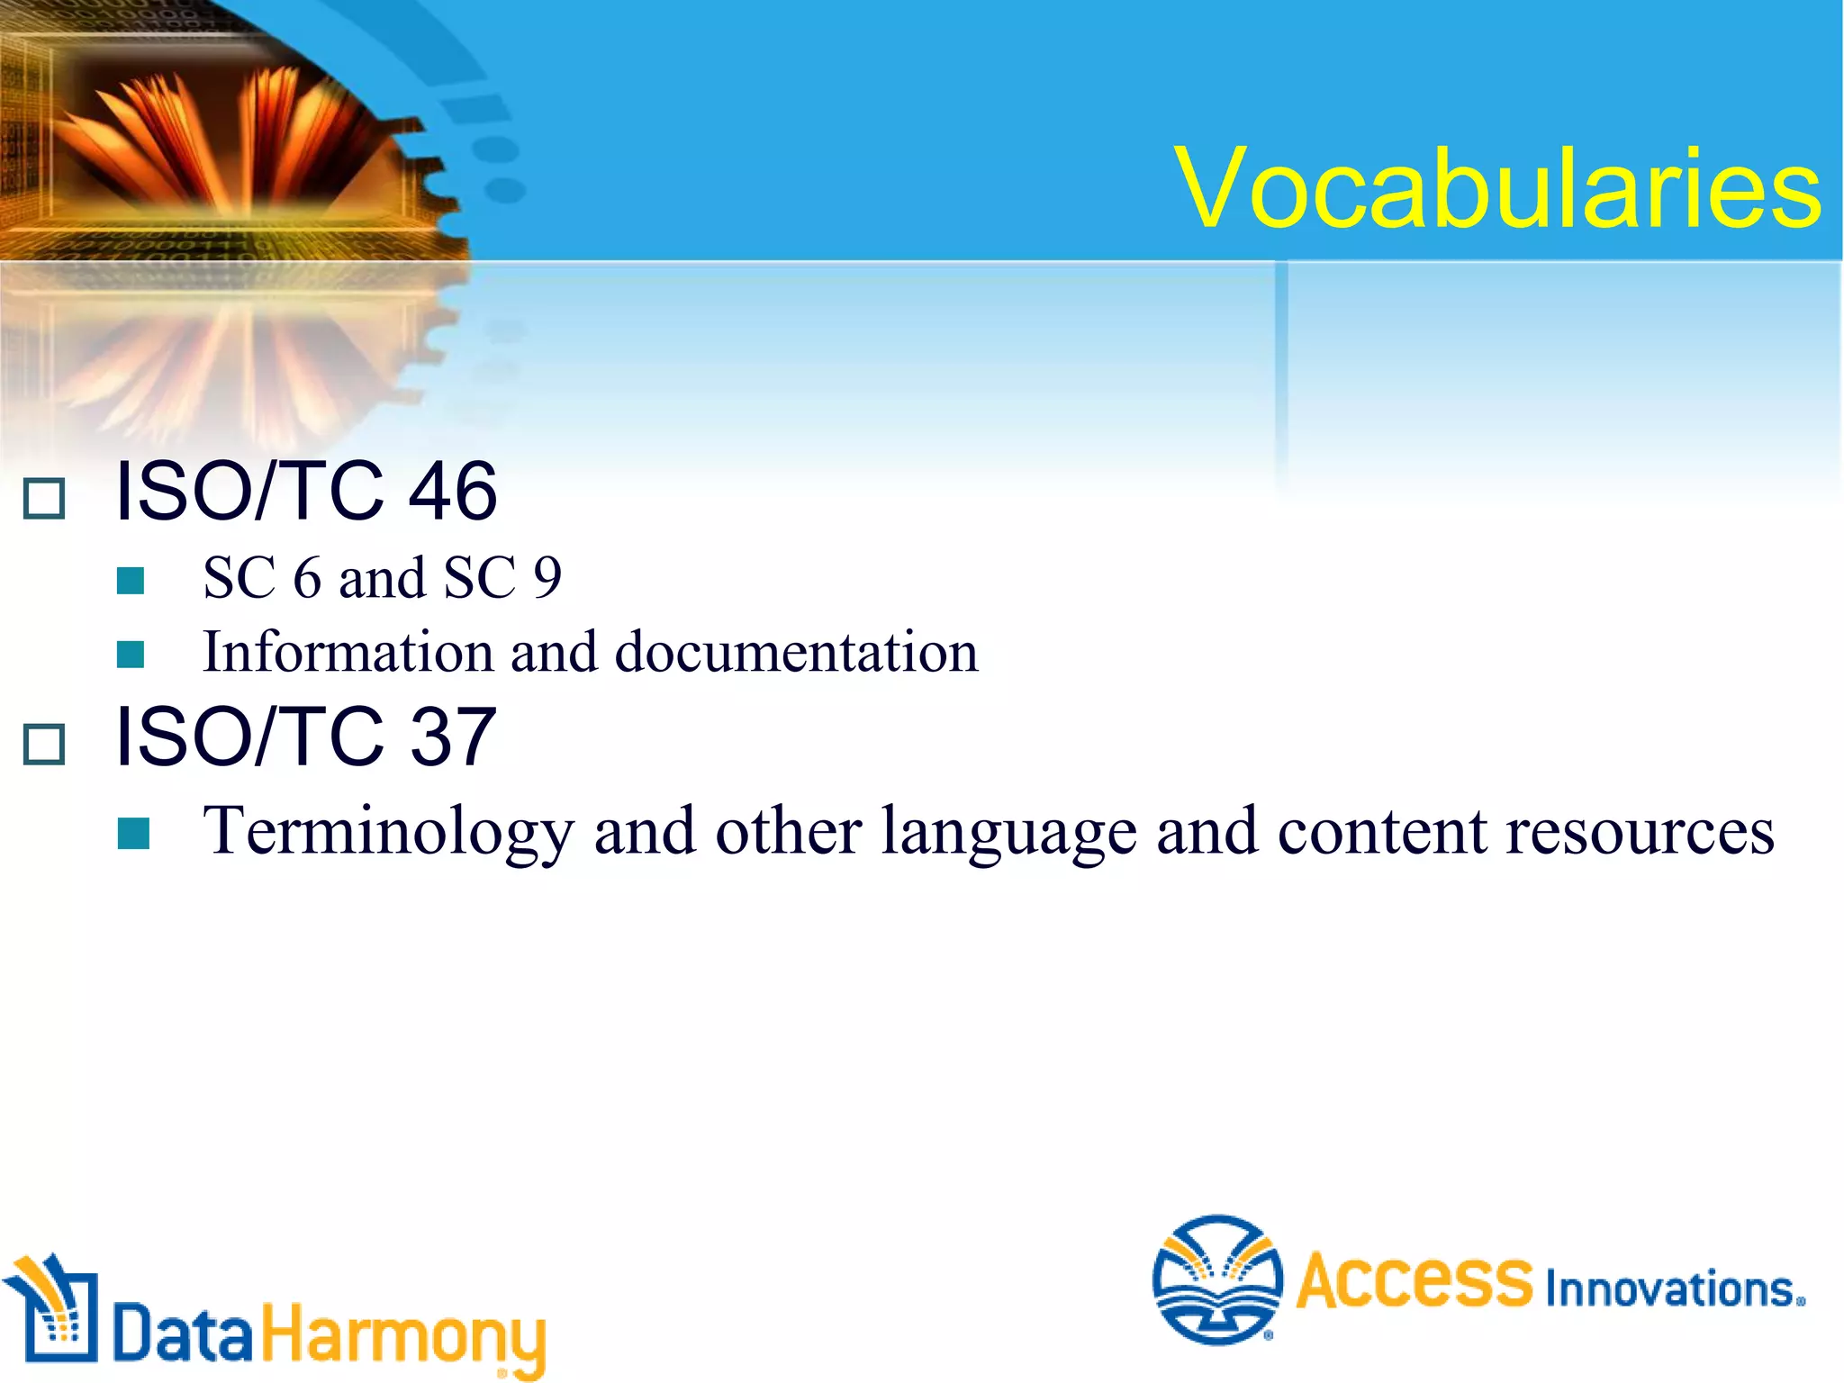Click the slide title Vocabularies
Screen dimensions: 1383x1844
coord(1498,189)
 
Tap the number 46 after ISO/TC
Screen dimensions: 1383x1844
coord(452,492)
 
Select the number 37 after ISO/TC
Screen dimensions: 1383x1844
coord(452,737)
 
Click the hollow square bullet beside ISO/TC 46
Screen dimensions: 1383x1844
coord(44,498)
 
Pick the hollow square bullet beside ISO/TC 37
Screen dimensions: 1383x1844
coord(44,744)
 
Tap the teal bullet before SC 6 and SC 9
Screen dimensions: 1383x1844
coord(131,581)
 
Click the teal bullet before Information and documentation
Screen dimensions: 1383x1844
coord(131,655)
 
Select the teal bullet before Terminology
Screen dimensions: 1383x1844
coord(133,834)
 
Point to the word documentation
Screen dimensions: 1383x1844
coord(796,652)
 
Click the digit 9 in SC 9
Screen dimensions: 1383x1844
coord(547,578)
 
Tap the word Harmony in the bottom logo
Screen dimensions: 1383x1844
coord(403,1337)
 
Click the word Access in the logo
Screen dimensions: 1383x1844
coord(1414,1280)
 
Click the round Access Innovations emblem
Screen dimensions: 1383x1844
coord(1217,1279)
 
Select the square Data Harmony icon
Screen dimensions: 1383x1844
coord(54,1310)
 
